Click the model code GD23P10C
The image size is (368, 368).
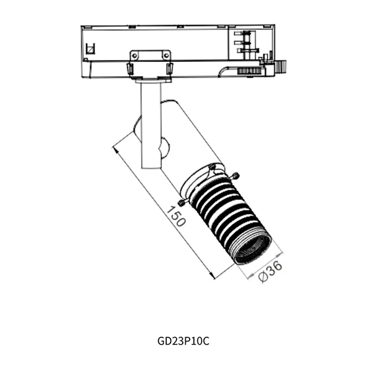point(183,341)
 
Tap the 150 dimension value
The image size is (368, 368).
point(176,217)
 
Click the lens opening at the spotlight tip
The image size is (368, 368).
point(252,250)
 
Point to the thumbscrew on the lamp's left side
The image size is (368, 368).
point(183,202)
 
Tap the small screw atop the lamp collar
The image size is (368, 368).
point(212,167)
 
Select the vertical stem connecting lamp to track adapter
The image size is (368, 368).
point(151,125)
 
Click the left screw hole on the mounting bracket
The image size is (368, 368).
point(134,56)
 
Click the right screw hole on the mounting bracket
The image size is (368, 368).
point(166,56)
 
